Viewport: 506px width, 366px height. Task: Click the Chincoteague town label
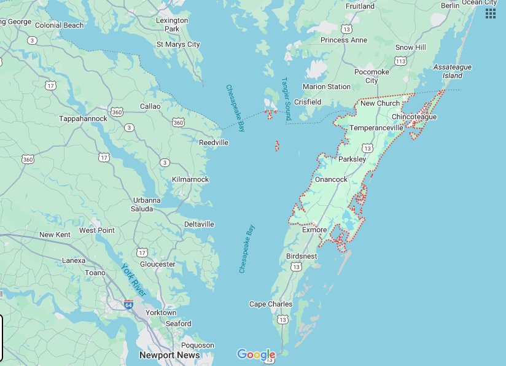pyautogui.click(x=414, y=117)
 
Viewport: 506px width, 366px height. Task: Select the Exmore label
pyautogui.click(x=314, y=230)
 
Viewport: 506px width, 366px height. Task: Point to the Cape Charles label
pyautogui.click(x=271, y=304)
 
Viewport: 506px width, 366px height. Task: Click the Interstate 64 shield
pyautogui.click(x=128, y=304)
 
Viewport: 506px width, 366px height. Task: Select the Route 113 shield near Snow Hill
pyautogui.click(x=401, y=61)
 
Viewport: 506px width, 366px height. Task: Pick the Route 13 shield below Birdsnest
pyautogui.click(x=297, y=267)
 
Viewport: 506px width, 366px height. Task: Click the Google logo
pyautogui.click(x=256, y=354)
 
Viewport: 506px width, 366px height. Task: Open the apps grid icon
pyautogui.click(x=490, y=14)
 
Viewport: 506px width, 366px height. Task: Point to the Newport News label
pyautogui.click(x=169, y=355)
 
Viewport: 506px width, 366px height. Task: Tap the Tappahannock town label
pyautogui.click(x=83, y=119)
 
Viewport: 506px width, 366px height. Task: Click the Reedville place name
pyautogui.click(x=214, y=142)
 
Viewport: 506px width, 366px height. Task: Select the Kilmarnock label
pyautogui.click(x=190, y=179)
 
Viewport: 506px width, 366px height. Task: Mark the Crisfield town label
pyautogui.click(x=308, y=102)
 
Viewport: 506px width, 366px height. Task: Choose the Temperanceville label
pyautogui.click(x=376, y=128)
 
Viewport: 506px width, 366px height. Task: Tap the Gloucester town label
pyautogui.click(x=158, y=264)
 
